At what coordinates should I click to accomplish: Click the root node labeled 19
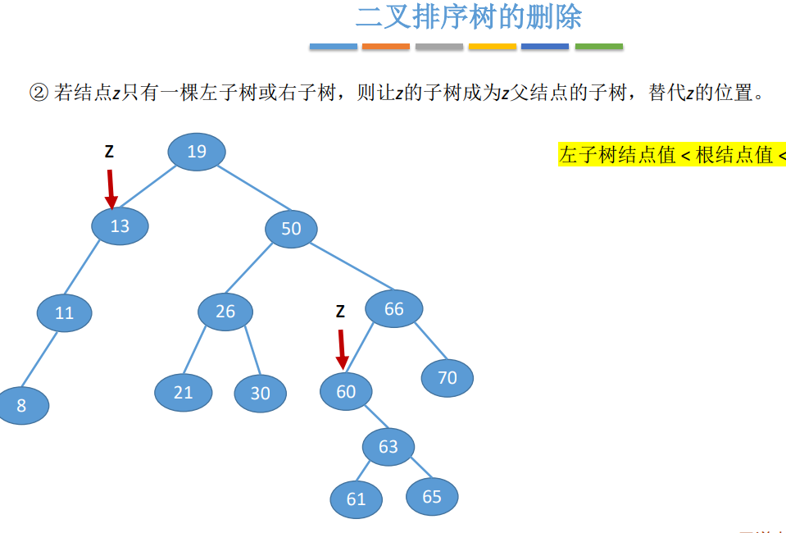[197, 152]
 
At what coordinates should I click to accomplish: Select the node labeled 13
[120, 225]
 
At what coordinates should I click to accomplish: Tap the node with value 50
[291, 229]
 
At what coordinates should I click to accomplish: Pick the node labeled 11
[65, 313]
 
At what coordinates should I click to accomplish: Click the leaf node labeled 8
[22, 405]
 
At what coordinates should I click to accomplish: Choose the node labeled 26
[225, 312]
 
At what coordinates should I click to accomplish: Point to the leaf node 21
[183, 393]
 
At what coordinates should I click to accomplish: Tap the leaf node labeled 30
[260, 394]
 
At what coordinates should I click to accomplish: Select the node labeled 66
[394, 309]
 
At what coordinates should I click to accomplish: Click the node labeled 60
[346, 392]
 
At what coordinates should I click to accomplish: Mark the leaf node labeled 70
[448, 378]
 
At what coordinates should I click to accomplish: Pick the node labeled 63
[388, 447]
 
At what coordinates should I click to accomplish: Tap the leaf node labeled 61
[357, 499]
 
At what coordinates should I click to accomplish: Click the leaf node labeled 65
[432, 496]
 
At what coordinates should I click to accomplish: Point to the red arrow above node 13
[111, 188]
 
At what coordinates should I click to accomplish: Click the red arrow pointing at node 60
[342, 348]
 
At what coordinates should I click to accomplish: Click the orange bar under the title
[385, 47]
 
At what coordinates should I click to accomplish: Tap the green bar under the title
[598, 47]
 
